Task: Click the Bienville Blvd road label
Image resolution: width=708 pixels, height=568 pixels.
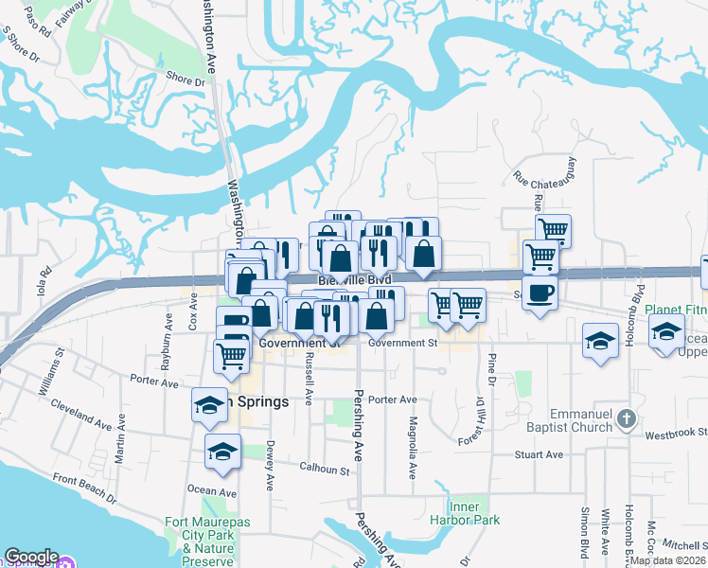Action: click(354, 280)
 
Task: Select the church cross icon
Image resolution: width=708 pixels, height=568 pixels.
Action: click(625, 417)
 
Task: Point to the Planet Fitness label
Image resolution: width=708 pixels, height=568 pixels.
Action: click(676, 310)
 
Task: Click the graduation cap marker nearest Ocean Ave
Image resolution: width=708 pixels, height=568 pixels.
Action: click(222, 453)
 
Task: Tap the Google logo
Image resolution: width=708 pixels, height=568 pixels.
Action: click(31, 557)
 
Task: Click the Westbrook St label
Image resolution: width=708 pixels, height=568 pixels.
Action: click(676, 435)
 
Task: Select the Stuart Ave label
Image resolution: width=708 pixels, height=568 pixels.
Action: click(540, 455)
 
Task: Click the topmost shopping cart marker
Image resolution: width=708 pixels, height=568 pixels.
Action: click(553, 229)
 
